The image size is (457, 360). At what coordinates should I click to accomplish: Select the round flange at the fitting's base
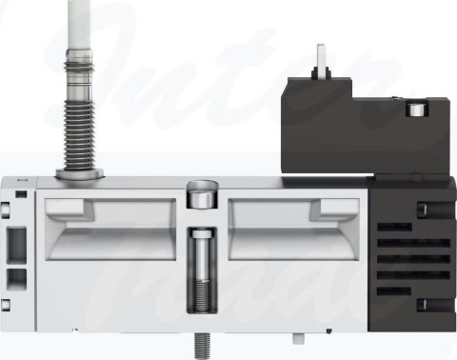click(x=78, y=173)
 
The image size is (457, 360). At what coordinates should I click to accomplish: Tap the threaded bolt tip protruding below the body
click(x=203, y=337)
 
